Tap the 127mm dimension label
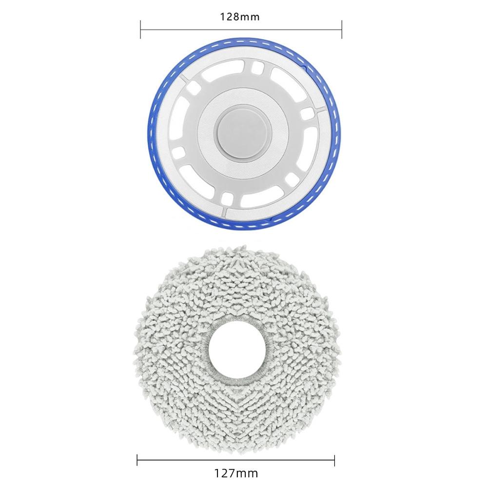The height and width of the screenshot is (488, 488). coord(236,473)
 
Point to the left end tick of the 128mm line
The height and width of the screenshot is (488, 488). coord(140,29)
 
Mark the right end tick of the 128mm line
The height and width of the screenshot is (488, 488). coord(342,29)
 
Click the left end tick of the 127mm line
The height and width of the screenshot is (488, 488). coord(137,460)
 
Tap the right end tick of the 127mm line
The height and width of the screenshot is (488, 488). coord(335,460)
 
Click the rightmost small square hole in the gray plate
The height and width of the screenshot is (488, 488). coord(308,113)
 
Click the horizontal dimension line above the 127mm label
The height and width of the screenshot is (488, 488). coord(236,460)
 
